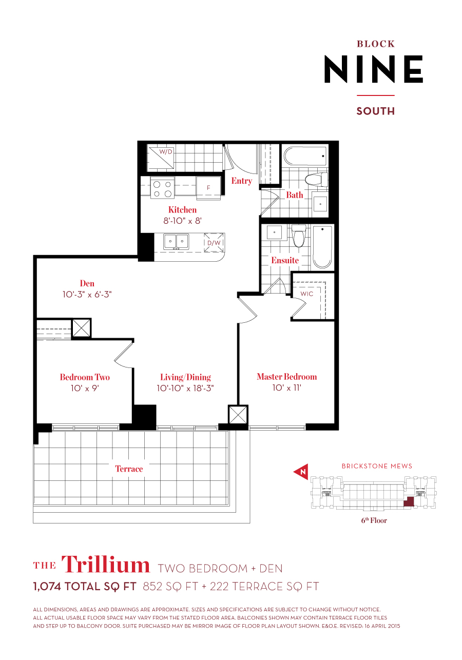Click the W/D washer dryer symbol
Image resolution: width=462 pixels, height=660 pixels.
pos(162,157)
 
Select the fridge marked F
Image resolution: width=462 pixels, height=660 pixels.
pos(208,188)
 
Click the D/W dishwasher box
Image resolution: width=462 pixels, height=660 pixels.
pos(214,243)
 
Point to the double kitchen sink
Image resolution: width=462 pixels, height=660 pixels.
pos(176,242)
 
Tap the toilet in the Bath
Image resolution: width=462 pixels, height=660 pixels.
pos(316,180)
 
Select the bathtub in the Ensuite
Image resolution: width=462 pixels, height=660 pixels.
pos(322,246)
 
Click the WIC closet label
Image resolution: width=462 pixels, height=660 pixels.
pos(306,294)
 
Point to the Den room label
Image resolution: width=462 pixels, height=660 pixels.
pos(87,283)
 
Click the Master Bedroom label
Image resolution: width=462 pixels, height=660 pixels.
pos(286,377)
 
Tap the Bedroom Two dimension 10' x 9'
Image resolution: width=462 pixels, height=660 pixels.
pos(84,389)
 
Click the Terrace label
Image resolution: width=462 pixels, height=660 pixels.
pos(129,469)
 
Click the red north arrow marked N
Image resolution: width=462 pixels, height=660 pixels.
pos(301,472)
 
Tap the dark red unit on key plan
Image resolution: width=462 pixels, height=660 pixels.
pos(409,501)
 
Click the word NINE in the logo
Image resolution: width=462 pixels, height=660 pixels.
pos(373,70)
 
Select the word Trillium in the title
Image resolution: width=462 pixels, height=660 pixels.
pos(106,565)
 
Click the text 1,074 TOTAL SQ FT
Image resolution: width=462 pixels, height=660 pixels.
pos(85,587)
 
